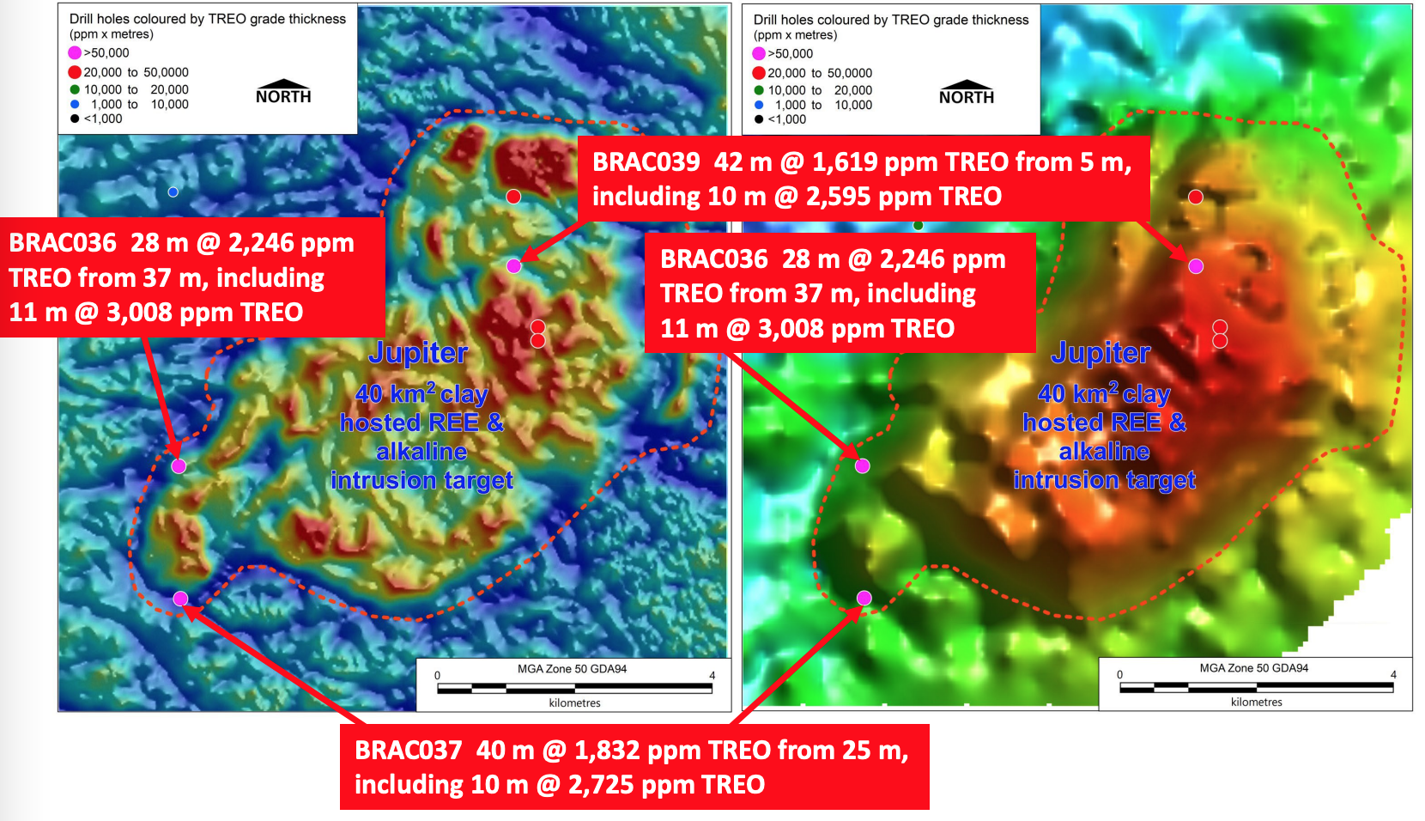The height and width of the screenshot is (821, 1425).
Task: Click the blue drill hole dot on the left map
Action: (173, 192)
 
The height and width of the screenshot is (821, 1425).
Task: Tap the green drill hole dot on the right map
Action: (918, 225)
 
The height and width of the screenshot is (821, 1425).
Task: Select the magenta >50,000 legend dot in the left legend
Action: (75, 53)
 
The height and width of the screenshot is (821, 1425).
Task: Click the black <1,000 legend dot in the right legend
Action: (758, 119)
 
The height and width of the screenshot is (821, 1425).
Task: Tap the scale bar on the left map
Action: (574, 688)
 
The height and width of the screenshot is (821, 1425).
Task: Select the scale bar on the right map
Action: (1257, 687)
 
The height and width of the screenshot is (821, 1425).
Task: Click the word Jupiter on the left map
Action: (418, 353)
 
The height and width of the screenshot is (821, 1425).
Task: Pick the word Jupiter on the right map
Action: (1101, 353)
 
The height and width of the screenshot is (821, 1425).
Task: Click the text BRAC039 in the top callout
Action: (646, 162)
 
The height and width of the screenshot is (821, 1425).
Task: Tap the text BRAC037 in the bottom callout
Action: (408, 751)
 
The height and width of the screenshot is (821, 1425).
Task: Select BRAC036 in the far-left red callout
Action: (63, 243)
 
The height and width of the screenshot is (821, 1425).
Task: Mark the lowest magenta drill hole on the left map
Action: (180, 599)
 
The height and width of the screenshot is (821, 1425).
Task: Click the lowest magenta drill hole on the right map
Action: (864, 598)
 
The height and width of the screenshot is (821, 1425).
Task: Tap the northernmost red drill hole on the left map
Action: (513, 197)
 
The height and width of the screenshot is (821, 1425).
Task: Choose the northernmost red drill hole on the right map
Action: (1196, 197)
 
